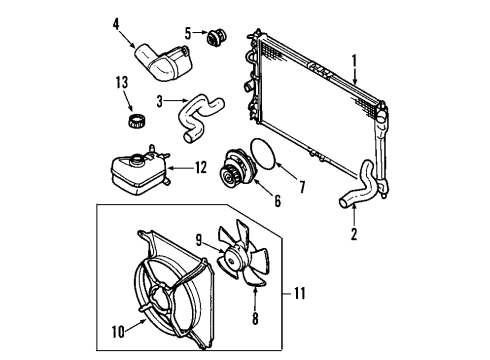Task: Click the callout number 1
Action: tap(354, 60)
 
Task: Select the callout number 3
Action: tap(161, 100)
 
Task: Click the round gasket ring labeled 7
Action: tap(265, 156)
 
